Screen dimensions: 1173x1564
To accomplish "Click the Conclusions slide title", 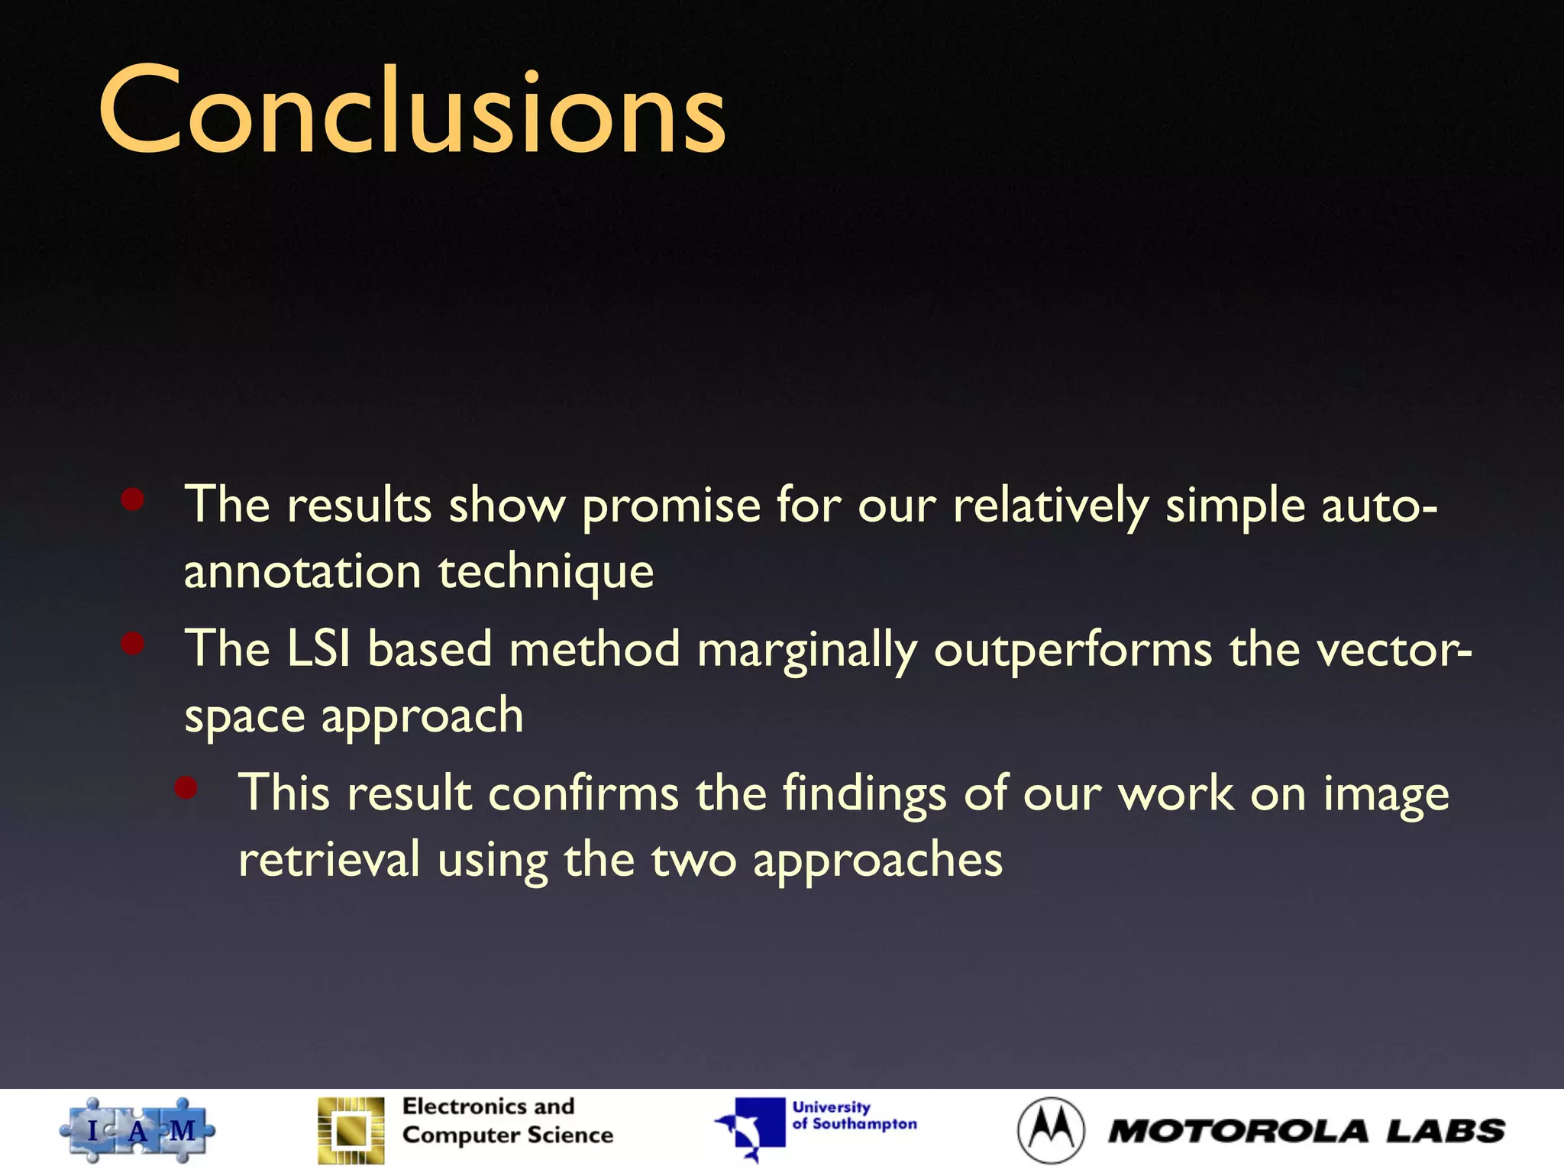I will point(412,111).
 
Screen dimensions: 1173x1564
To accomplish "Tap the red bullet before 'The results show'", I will point(133,500).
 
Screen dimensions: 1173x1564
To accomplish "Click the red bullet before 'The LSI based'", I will point(133,644).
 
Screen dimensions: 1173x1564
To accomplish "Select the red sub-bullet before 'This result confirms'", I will point(186,787).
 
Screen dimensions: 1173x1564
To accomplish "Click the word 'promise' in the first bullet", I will point(671,506).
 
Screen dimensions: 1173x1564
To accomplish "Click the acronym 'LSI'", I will point(318,649).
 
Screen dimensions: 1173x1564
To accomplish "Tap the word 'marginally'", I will point(806,651).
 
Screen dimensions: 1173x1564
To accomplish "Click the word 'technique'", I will point(546,573).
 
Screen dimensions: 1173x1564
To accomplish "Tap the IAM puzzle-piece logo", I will point(137,1130).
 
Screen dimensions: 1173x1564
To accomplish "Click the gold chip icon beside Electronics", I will point(351,1130).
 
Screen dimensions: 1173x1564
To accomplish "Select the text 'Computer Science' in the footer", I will point(508,1136).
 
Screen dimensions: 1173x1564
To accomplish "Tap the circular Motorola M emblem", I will point(1051,1130).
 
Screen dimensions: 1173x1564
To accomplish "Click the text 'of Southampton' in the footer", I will point(855,1124).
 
